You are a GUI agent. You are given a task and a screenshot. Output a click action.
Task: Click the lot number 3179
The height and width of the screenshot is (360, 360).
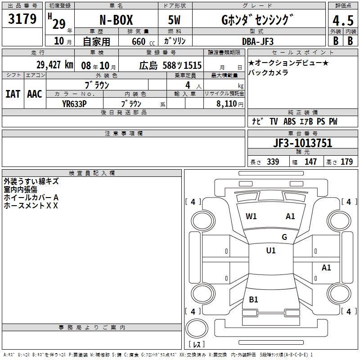22,19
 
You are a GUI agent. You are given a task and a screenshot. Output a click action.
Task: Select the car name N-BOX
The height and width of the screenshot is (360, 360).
116,20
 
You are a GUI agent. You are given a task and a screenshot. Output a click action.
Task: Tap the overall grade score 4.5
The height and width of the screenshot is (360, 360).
343,21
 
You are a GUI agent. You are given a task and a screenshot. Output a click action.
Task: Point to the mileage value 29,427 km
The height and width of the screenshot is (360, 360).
55,65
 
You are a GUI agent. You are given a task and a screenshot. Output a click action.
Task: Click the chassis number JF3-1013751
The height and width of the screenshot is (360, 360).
302,143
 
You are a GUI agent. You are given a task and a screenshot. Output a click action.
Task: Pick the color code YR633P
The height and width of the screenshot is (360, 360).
74,104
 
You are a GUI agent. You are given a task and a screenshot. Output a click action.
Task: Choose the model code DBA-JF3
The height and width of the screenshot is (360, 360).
258,41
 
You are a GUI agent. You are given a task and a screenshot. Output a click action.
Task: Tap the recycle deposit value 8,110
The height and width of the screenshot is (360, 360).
227,104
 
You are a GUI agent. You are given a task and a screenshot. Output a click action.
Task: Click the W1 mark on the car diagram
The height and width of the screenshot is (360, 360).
251,216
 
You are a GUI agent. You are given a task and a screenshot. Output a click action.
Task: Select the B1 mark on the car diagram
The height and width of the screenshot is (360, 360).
253,300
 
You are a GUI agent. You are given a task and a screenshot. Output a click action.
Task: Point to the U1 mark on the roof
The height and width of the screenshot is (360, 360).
271,251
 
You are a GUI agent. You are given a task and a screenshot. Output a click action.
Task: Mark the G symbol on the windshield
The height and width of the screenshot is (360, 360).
284,237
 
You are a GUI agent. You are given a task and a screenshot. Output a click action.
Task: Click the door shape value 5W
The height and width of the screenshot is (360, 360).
174,20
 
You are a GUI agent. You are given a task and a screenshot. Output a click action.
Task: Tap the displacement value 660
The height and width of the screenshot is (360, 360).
139,42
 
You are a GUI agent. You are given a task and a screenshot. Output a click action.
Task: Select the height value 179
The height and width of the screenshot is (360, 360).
346,162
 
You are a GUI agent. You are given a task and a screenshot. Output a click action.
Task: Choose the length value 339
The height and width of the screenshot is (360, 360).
273,162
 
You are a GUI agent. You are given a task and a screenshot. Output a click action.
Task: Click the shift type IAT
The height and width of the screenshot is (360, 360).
13,94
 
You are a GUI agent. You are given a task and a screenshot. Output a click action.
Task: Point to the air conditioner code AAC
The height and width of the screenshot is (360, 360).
35,94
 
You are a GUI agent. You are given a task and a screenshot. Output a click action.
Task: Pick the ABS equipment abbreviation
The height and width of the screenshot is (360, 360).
289,121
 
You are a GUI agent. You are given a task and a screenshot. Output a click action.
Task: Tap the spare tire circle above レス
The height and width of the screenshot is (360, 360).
197,328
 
